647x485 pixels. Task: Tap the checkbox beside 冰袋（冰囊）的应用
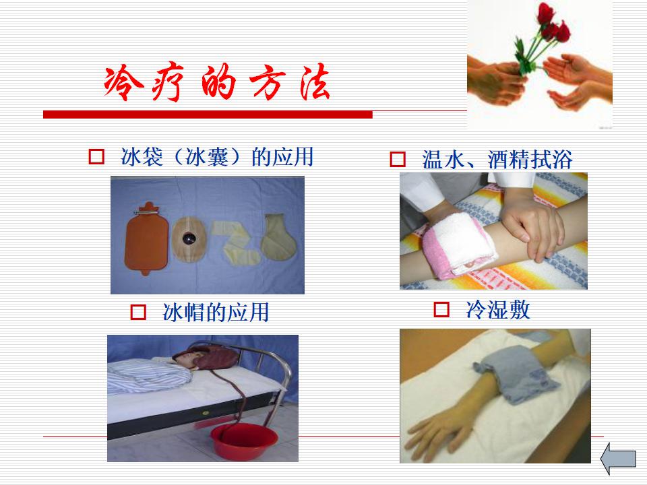pos(96,157)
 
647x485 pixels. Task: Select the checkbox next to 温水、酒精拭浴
pos(398,159)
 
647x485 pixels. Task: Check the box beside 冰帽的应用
pos(138,312)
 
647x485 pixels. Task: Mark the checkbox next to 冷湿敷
pos(441,309)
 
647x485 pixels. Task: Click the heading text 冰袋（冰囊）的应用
pos(217,157)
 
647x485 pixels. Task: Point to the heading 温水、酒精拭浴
pos(497,159)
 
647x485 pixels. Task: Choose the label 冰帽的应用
pos(216,312)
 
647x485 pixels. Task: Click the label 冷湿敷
pos(497,309)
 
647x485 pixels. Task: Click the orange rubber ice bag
pos(146,238)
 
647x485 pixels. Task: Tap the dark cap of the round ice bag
pos(189,238)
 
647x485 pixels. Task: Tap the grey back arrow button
pos(618,459)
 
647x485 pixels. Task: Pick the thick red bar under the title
pos(208,115)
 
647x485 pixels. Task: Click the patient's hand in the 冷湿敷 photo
pos(438,435)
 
